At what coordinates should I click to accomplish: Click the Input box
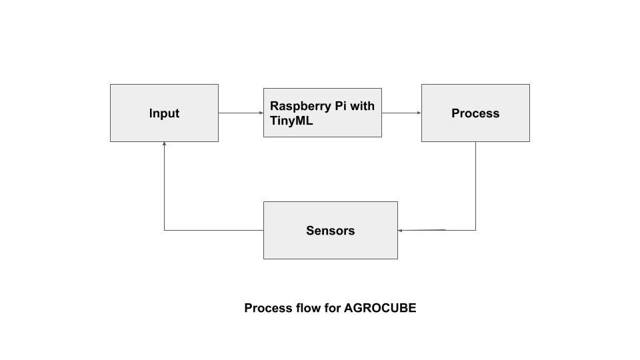[x=164, y=113]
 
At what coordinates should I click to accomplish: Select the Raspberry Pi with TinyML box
[x=322, y=113]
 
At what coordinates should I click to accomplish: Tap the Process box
[x=475, y=113]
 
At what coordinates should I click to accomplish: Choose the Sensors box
[x=330, y=230]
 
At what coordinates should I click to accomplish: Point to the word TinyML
[x=291, y=121]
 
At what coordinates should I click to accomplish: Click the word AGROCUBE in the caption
[x=380, y=308]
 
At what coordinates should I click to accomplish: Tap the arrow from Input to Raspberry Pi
[x=240, y=113]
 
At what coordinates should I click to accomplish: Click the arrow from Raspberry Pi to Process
[x=401, y=113]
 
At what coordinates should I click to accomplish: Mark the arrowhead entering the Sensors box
[x=401, y=230]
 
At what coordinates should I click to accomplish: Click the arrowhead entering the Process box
[x=419, y=113]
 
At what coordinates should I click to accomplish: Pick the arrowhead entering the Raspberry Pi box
[x=261, y=113]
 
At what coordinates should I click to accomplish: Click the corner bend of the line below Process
[x=475, y=230]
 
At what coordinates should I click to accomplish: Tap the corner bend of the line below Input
[x=164, y=230]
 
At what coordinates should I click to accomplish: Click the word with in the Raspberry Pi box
[x=362, y=106]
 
